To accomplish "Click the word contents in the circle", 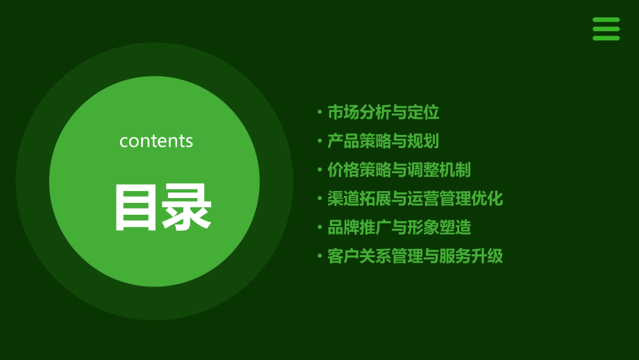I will pos(156,141).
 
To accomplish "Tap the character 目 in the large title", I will pos(135,207).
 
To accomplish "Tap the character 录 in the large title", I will pos(187,207).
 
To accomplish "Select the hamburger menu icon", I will pos(606,29).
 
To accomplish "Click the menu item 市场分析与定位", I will pos(383,113).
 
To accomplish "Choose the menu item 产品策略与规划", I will pos(383,141).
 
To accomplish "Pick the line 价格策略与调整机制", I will pos(399,170).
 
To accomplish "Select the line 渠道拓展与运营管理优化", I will pos(415,199).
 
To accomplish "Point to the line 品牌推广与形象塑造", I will pos(399,227).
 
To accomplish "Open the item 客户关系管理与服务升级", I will pos(415,256).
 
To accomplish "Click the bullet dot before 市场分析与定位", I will pos(319,113).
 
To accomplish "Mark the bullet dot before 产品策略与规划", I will pos(319,141).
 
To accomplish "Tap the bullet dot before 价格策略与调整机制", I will pos(319,170).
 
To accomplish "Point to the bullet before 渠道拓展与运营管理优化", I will pos(319,199).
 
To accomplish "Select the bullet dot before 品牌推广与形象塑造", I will pos(319,227).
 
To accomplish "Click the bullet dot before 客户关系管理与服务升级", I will pos(319,256).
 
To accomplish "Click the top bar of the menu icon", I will pos(606,20).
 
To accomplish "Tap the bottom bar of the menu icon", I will pos(606,38).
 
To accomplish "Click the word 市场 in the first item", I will pos(343,113).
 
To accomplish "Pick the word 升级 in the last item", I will pos(488,256).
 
